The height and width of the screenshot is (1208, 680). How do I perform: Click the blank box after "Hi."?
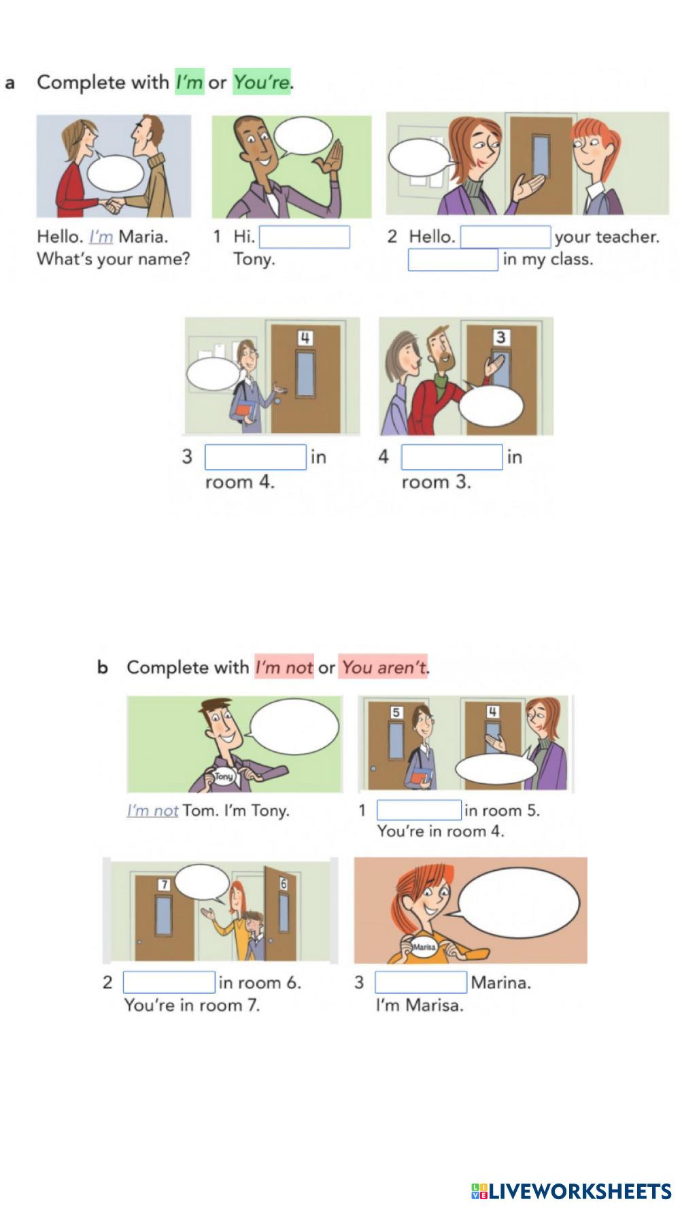[304, 237]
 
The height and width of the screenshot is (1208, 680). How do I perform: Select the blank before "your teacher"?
[505, 237]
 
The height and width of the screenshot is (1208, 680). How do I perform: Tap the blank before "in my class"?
[453, 260]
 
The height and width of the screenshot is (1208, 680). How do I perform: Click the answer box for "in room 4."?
[256, 457]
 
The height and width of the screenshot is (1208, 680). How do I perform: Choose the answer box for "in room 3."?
[452, 457]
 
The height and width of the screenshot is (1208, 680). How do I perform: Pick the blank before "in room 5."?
[419, 810]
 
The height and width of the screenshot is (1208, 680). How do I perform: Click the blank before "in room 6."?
[169, 982]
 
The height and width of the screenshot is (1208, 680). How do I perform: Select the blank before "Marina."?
[421, 982]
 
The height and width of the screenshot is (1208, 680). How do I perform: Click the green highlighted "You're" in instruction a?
[262, 82]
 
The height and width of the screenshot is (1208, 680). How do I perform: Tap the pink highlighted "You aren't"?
[383, 667]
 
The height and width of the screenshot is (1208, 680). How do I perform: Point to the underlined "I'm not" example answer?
[152, 810]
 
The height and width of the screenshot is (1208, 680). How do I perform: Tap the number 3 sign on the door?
[500, 337]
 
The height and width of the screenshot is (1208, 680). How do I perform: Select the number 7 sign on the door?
[164, 884]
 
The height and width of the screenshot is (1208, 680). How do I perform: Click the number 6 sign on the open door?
[284, 884]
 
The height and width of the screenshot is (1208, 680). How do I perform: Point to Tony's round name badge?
[224, 776]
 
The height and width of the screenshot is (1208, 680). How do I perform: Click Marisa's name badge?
[424, 947]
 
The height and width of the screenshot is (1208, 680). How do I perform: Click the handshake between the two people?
[113, 203]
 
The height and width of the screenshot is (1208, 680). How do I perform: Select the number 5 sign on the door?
[396, 712]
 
